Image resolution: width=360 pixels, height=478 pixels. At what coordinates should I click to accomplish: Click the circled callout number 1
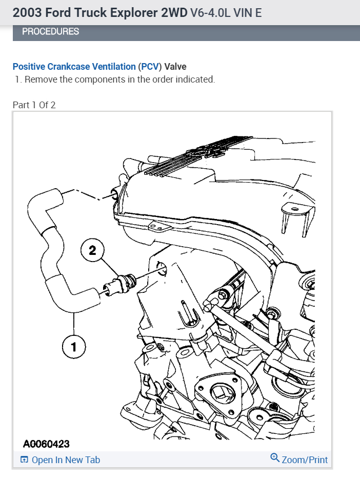pyautogui.click(x=73, y=347)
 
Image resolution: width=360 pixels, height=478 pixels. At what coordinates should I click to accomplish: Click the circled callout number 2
pyautogui.click(x=92, y=250)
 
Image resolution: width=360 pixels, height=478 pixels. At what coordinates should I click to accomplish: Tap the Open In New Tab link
pyautogui.click(x=66, y=460)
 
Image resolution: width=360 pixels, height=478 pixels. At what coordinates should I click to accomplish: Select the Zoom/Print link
pyautogui.click(x=305, y=460)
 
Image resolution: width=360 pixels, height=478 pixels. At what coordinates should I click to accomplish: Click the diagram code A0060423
pyautogui.click(x=46, y=444)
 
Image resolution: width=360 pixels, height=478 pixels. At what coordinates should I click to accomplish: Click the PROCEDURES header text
pyautogui.click(x=50, y=31)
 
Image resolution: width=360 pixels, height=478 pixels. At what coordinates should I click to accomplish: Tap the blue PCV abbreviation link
pyautogui.click(x=150, y=67)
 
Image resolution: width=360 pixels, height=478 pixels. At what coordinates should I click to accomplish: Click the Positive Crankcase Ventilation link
pyautogui.click(x=74, y=67)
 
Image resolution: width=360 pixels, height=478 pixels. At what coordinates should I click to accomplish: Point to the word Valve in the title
pyautogui.click(x=175, y=67)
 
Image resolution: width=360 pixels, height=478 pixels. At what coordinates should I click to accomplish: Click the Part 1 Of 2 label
pyautogui.click(x=34, y=105)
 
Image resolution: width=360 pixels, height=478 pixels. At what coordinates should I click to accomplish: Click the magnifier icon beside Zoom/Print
pyautogui.click(x=275, y=458)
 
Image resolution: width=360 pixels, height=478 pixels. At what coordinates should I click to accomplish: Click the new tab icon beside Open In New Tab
pyautogui.click(x=24, y=460)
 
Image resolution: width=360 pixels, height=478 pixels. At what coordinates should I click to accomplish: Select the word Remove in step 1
pyautogui.click(x=39, y=79)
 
